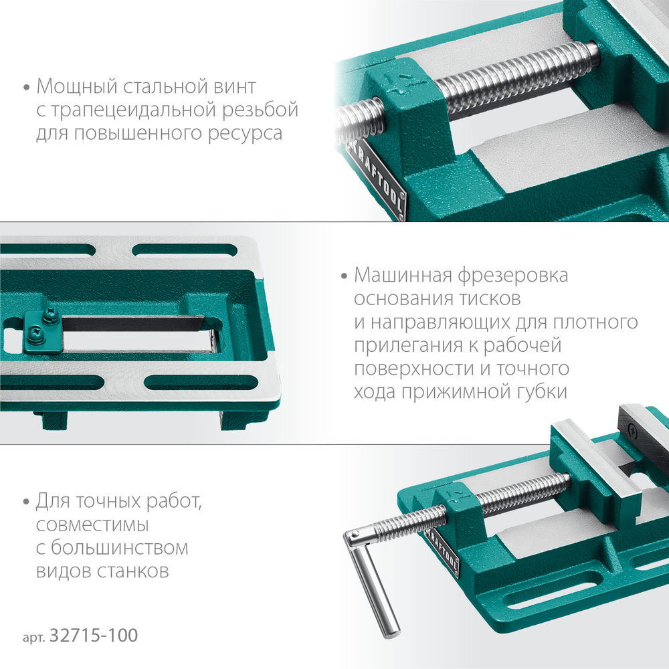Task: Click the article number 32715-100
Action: click(94, 636)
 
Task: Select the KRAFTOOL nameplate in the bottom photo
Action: click(442, 553)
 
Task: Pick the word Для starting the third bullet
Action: click(54, 501)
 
